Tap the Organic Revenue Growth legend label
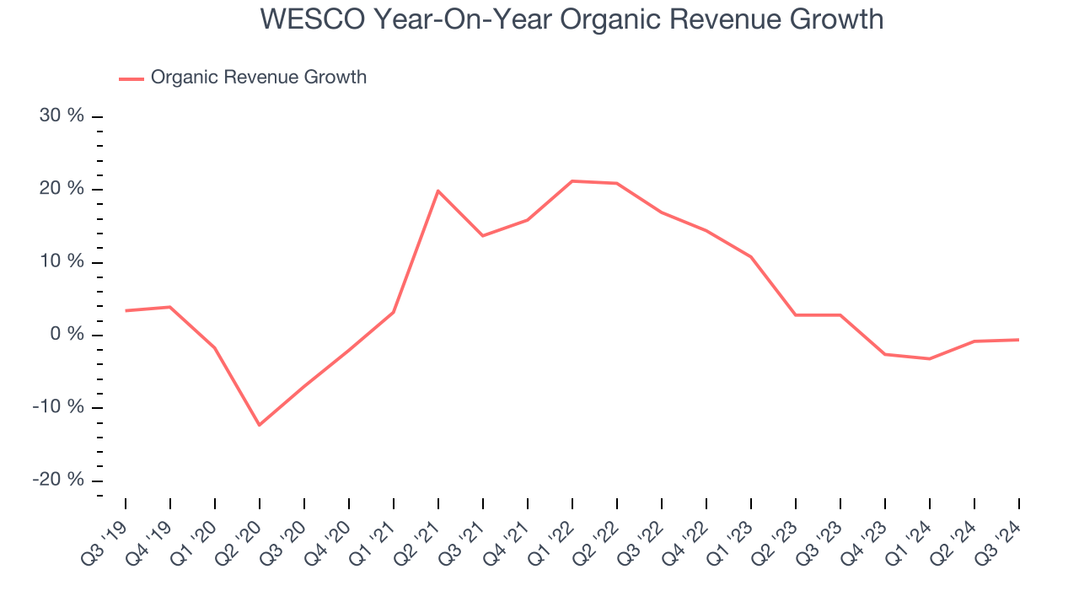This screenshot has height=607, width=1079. [x=258, y=78]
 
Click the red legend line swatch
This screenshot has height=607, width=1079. [x=132, y=78]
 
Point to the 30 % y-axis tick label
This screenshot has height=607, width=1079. [x=62, y=116]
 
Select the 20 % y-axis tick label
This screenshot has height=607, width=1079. [x=62, y=189]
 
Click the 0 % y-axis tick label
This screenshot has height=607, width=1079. [x=67, y=335]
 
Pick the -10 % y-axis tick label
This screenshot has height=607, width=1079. [x=59, y=407]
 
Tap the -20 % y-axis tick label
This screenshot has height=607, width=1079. [x=59, y=480]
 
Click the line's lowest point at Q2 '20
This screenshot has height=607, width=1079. [x=259, y=425]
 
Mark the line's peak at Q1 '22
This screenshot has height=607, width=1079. [x=572, y=181]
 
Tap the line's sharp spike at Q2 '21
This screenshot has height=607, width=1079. [x=438, y=191]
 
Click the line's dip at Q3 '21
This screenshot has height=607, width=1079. [x=483, y=235]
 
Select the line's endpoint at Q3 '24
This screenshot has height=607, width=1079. [x=1018, y=340]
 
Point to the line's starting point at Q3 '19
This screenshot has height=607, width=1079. [x=126, y=310]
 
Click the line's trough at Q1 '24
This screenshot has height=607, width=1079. [x=930, y=358]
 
